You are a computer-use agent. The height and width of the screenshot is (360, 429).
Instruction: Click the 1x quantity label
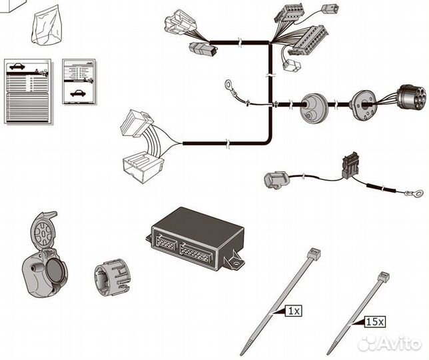(x=294, y=311)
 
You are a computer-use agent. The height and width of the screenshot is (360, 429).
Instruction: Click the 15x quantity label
(x=375, y=321)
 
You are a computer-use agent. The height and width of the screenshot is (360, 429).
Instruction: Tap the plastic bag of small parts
(x=49, y=26)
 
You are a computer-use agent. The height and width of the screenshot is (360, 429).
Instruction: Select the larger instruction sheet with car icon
(x=27, y=90)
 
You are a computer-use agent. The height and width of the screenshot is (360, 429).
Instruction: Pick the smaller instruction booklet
(x=79, y=81)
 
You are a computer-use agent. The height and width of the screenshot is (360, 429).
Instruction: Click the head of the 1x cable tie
(x=314, y=253)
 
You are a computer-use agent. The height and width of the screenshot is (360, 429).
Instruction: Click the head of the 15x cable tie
(x=384, y=277)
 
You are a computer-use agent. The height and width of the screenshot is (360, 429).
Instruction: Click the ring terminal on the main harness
(x=230, y=85)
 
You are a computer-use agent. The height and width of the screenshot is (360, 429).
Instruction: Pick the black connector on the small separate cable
(x=350, y=165)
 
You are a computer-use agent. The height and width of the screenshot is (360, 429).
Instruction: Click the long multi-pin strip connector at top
(x=307, y=39)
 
